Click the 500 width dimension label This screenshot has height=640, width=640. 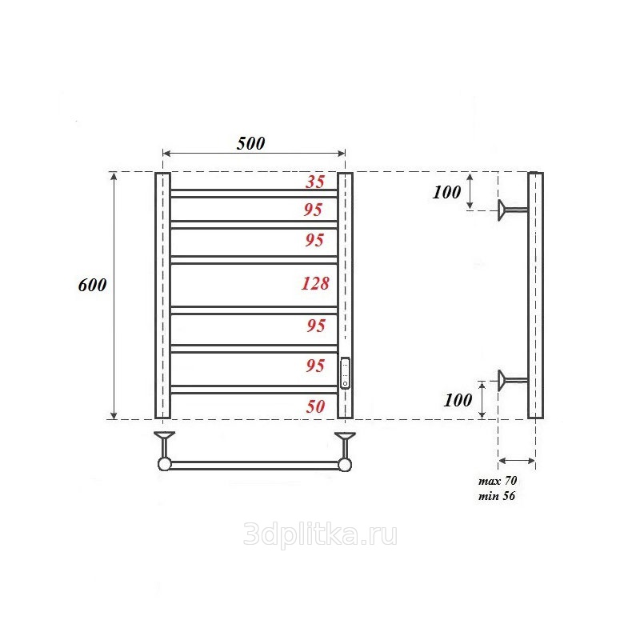click(x=251, y=143)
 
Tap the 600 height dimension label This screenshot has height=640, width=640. click(x=92, y=285)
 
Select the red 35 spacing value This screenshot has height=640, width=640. click(x=315, y=182)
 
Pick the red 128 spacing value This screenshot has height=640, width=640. click(x=315, y=283)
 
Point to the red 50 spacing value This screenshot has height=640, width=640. click(x=315, y=406)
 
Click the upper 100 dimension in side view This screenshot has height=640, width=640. click(x=446, y=192)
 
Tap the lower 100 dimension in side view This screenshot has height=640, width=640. click(x=458, y=401)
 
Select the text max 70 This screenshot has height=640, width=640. click(x=498, y=481)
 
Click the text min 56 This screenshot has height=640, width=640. click(x=497, y=496)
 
